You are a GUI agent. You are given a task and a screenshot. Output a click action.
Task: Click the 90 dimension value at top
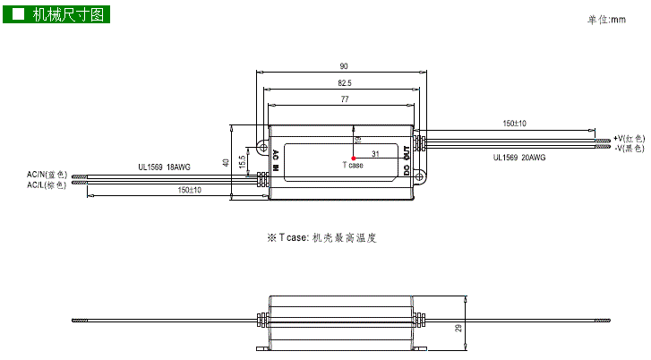pos(344,66)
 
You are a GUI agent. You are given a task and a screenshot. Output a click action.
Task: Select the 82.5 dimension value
pos(344,83)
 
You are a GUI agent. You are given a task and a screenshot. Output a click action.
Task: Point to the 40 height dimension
pos(226,161)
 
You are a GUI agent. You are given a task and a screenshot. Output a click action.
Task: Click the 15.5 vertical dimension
pos(242,161)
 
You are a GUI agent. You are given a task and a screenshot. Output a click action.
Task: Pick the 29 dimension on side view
pos(459,329)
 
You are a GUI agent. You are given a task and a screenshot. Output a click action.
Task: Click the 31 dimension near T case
pos(375,154)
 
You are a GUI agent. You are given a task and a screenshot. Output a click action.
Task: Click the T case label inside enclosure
pos(354,166)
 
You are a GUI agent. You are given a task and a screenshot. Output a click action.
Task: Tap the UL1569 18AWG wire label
pos(164,167)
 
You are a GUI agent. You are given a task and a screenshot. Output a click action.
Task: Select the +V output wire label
pos(629,138)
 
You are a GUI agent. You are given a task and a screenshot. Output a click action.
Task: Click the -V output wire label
pos(629,148)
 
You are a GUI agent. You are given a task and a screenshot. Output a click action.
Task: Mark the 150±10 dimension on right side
pos(514,124)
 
